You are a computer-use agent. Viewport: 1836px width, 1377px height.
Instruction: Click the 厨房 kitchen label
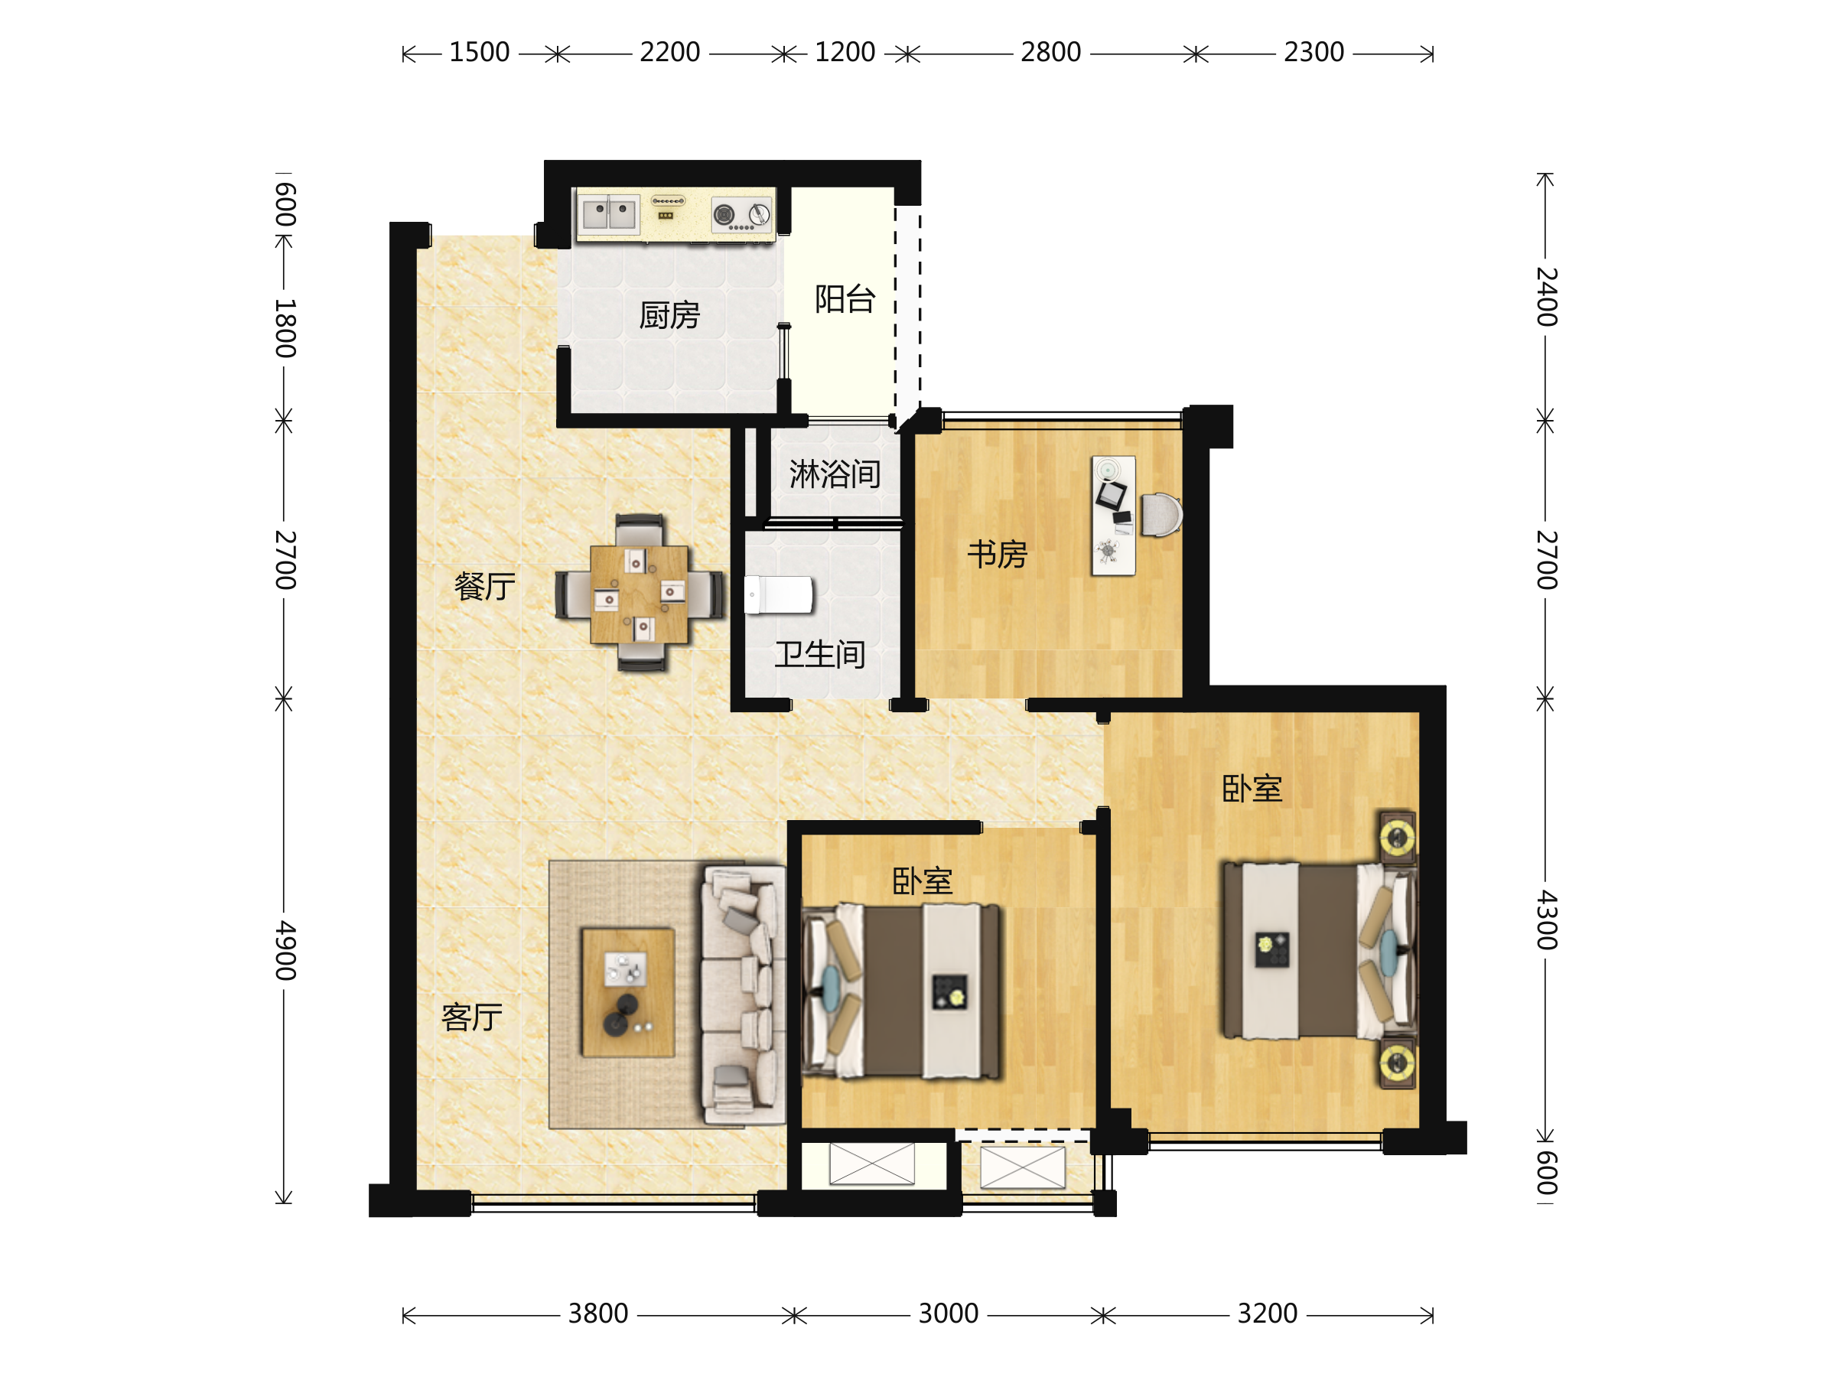pyautogui.click(x=669, y=315)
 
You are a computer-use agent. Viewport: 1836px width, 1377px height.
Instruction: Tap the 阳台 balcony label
pyautogui.click(x=845, y=300)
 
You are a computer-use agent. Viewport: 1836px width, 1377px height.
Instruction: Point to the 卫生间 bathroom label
pyautogui.click(x=820, y=655)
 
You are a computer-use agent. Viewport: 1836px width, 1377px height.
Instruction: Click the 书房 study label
pyautogui.click(x=997, y=555)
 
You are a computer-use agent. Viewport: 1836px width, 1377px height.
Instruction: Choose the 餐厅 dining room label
pyautogui.click(x=485, y=587)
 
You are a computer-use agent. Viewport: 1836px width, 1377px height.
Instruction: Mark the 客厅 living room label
pyautogui.click(x=471, y=1017)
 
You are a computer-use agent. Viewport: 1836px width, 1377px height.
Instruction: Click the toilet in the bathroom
pyautogui.click(x=779, y=595)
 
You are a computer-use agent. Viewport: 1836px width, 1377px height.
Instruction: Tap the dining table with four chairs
pyautogui.click(x=639, y=594)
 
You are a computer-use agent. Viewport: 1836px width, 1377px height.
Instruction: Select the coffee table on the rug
pyautogui.click(x=627, y=993)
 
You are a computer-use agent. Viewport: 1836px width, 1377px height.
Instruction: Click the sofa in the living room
pyautogui.click(x=743, y=996)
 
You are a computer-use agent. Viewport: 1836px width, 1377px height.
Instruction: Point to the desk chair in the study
pyautogui.click(x=1161, y=516)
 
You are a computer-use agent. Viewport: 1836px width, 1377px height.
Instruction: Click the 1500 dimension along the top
pyautogui.click(x=479, y=52)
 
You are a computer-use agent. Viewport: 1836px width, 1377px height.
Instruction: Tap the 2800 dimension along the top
pyautogui.click(x=1050, y=52)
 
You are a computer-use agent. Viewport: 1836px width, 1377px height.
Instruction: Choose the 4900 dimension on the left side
pyautogui.click(x=285, y=950)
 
